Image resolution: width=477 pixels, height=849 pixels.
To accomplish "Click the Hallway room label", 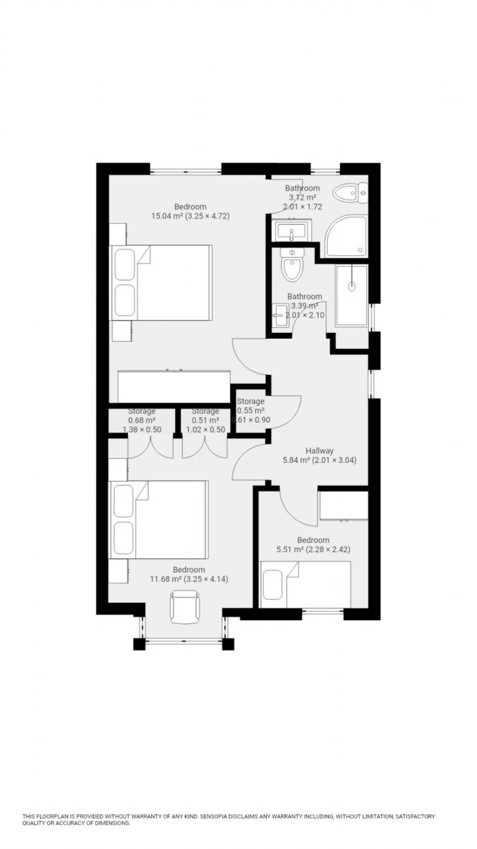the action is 319,450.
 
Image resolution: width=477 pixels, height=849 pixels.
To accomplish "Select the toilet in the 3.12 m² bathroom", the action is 351,193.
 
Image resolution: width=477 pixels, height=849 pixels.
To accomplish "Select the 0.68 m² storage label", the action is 142,420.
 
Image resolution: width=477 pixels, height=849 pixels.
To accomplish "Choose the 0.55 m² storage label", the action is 250,411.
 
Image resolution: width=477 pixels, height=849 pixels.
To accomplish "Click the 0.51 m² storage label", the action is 205,420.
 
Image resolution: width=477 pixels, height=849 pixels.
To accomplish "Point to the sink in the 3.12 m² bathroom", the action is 292,231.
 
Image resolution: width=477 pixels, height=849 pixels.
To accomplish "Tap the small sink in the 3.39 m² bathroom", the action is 279,316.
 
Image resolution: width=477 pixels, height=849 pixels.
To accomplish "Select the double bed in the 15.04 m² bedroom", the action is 162,283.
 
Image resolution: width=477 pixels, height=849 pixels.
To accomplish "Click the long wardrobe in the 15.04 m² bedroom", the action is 174,386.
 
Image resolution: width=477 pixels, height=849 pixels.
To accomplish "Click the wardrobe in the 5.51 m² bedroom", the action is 344,506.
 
